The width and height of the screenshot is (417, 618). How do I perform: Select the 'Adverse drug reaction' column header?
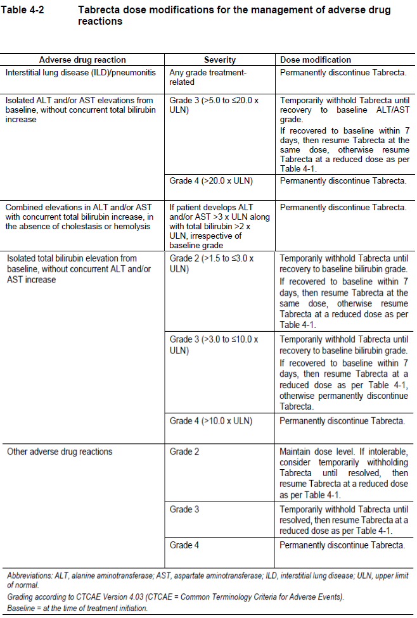[82, 60]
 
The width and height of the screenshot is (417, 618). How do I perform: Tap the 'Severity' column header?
[220, 60]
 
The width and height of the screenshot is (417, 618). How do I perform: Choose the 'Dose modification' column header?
[316, 60]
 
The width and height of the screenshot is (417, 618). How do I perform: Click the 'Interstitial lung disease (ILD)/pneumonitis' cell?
[80, 72]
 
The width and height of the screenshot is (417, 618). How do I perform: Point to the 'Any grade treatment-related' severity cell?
[207, 77]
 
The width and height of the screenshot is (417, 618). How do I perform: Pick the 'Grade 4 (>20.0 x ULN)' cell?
[210, 181]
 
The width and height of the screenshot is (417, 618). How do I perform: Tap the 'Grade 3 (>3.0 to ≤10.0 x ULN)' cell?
[214, 344]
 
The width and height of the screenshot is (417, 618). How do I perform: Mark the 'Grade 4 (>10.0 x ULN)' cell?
[210, 421]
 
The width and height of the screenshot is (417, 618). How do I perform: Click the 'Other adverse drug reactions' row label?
[60, 451]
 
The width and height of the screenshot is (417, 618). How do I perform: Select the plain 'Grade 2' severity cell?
[184, 451]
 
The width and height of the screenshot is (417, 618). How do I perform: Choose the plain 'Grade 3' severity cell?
[184, 509]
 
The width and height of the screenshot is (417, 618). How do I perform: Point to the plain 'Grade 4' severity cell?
[184, 545]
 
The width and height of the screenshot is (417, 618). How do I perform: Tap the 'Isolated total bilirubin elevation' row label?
[79, 269]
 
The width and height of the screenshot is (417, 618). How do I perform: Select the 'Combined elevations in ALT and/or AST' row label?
[79, 217]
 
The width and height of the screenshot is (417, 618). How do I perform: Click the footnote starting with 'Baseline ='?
[77, 608]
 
